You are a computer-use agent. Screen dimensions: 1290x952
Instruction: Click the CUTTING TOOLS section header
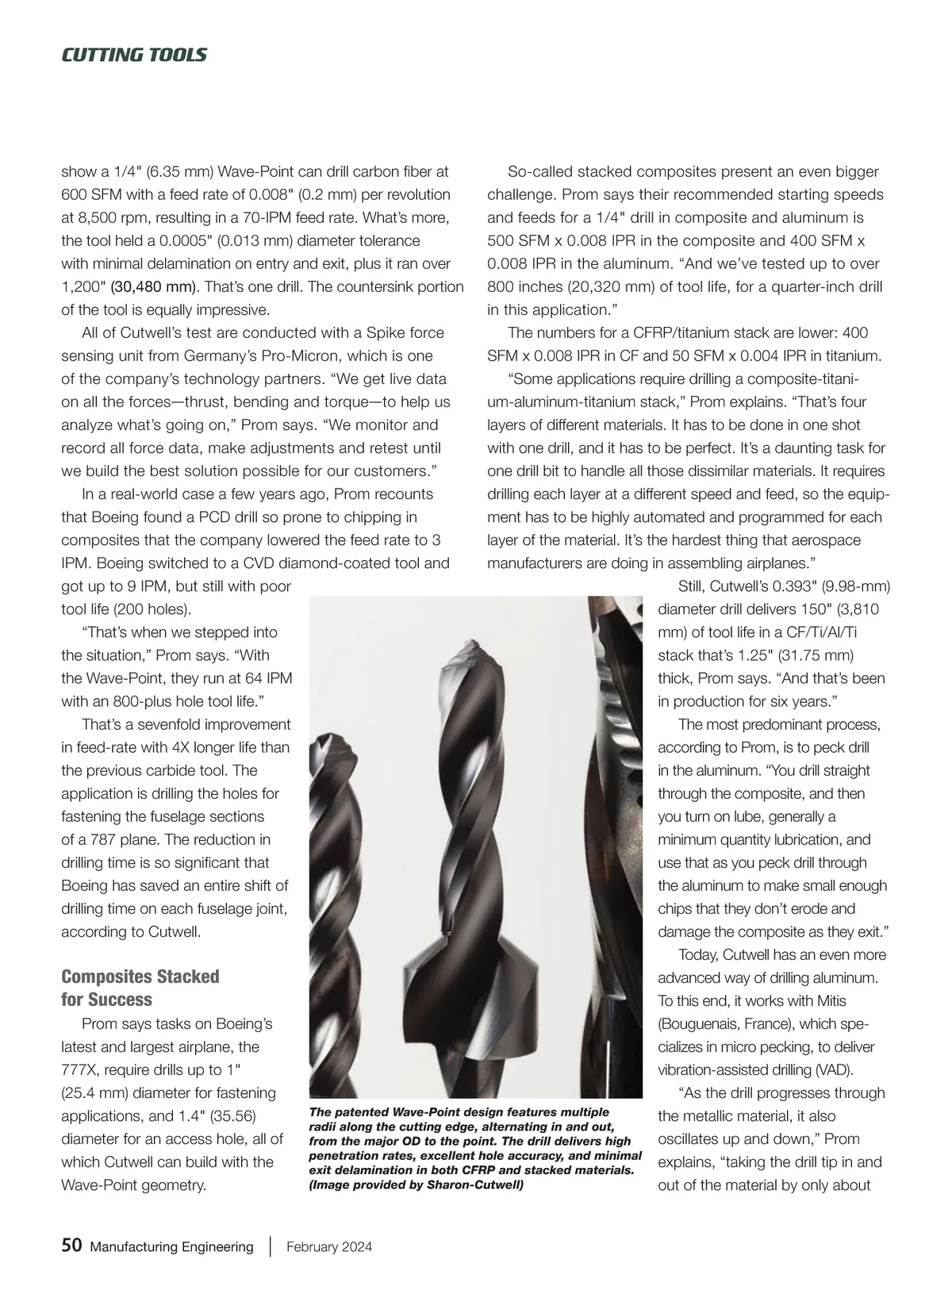click(134, 55)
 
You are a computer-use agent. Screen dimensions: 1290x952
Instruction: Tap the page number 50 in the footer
click(71, 1246)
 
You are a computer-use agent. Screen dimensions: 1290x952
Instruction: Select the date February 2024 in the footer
click(329, 1246)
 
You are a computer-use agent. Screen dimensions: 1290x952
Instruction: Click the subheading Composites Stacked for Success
click(140, 988)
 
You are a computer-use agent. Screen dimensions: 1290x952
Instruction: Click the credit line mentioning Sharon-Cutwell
click(416, 1185)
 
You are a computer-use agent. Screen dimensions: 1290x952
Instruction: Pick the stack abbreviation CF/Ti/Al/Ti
click(819, 632)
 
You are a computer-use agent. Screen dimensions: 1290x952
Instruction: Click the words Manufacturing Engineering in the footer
click(172, 1246)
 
